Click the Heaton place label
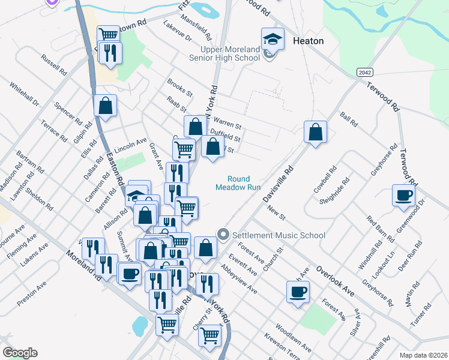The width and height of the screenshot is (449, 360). click(x=309, y=41)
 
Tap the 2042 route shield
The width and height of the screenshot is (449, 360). click(x=364, y=72)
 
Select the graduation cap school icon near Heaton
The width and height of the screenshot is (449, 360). click(x=273, y=40)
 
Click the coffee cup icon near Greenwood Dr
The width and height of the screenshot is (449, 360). click(x=404, y=194)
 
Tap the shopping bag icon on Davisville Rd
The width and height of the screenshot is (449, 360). click(x=315, y=132)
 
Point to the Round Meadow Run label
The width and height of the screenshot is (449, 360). click(x=238, y=182)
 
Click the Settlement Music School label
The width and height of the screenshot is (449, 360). click(x=278, y=235)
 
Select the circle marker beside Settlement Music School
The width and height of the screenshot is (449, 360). click(x=224, y=235)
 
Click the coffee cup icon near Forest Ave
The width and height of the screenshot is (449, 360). click(x=298, y=293)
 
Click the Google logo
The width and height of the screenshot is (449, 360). click(x=20, y=353)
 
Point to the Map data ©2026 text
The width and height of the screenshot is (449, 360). click(x=423, y=355)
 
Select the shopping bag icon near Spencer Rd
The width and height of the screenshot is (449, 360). click(x=106, y=106)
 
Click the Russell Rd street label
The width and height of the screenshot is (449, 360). click(x=53, y=65)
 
